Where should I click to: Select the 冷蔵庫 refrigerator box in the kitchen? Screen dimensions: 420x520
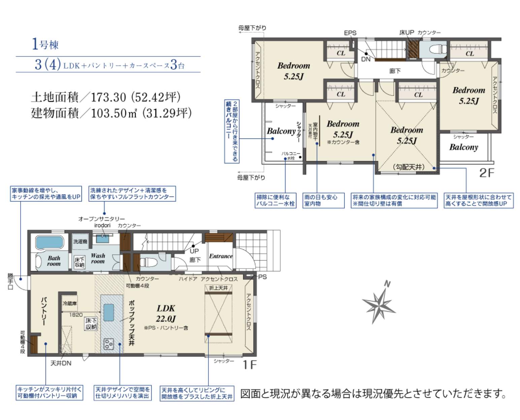tap(70, 303)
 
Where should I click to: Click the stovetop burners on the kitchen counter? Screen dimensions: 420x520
tap(108, 344)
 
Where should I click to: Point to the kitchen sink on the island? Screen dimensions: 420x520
tap(108, 312)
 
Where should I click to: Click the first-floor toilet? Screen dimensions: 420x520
tap(147, 262)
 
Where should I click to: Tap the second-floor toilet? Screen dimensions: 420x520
tap(437, 50)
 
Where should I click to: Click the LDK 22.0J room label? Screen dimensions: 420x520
tap(166, 313)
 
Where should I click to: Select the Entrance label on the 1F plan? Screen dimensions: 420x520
tap(221, 256)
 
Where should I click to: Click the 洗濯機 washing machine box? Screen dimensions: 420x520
tap(80, 241)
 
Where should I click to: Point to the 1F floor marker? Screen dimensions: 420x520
tap(250, 365)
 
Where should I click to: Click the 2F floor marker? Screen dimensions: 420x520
tap(486, 173)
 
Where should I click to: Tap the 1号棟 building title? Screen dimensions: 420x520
tap(45, 44)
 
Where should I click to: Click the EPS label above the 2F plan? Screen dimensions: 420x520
tap(350, 33)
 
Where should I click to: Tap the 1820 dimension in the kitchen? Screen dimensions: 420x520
tap(76, 314)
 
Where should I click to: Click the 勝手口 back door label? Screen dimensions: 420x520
tap(10, 281)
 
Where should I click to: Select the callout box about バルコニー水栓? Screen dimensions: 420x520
tap(275, 200)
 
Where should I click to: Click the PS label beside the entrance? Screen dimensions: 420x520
tap(262, 277)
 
